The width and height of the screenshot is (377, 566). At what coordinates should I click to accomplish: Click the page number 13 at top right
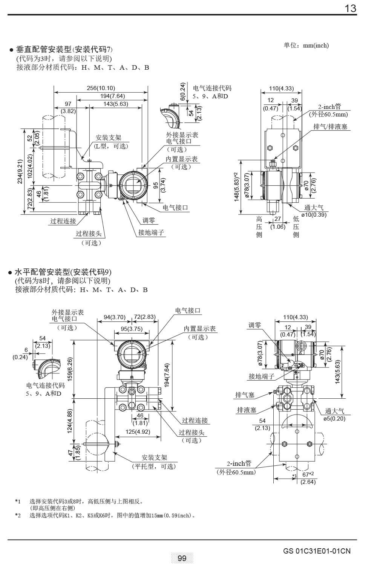click(351, 8)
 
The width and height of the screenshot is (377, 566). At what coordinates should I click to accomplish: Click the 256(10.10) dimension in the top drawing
click(101, 88)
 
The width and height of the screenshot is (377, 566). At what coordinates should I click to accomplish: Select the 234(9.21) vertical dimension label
click(20, 171)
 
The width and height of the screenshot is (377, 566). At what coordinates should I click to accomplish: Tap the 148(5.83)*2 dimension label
click(236, 187)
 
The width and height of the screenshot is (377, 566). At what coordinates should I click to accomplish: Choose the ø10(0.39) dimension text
click(314, 214)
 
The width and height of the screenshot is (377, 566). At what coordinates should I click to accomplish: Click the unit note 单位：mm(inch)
click(306, 45)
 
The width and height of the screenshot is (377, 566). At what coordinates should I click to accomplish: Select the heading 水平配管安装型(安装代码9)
click(63, 272)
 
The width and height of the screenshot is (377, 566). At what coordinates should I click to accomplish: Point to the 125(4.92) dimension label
click(138, 431)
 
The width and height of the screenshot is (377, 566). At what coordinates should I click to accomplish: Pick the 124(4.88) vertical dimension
click(70, 421)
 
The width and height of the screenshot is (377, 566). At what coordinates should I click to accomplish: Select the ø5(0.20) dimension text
click(334, 418)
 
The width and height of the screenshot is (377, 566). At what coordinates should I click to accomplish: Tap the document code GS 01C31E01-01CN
click(317, 551)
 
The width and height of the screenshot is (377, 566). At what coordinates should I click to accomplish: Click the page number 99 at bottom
click(182, 558)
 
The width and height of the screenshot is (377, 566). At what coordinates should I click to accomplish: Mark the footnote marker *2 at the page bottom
click(18, 515)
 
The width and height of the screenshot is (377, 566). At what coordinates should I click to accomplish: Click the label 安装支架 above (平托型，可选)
click(154, 457)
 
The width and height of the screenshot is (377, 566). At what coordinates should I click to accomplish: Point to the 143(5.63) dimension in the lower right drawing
click(337, 372)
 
